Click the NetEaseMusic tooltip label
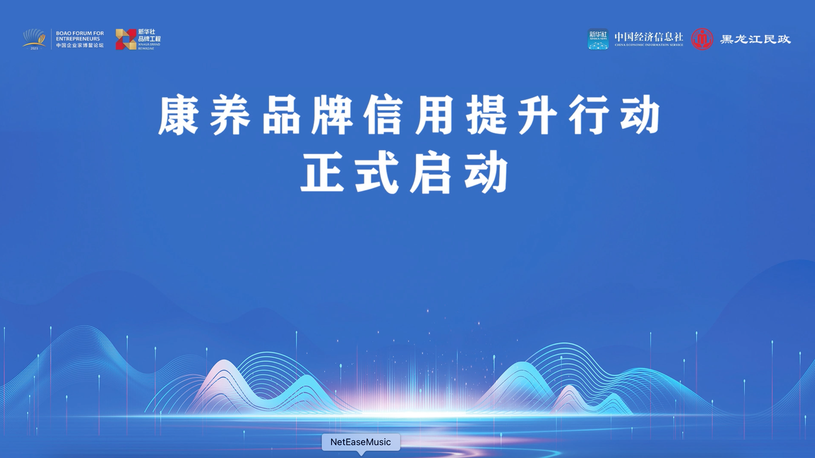(361, 442)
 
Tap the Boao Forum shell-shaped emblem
(34, 39)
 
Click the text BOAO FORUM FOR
(80, 33)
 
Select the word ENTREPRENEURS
(78, 39)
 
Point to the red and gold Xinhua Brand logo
(126, 39)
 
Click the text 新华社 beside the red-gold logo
(146, 32)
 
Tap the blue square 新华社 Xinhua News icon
(598, 39)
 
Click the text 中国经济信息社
(649, 37)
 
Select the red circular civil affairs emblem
(702, 39)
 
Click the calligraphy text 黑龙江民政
(755, 39)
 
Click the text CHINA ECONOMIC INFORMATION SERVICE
(649, 45)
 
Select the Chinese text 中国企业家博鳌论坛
(80, 45)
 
